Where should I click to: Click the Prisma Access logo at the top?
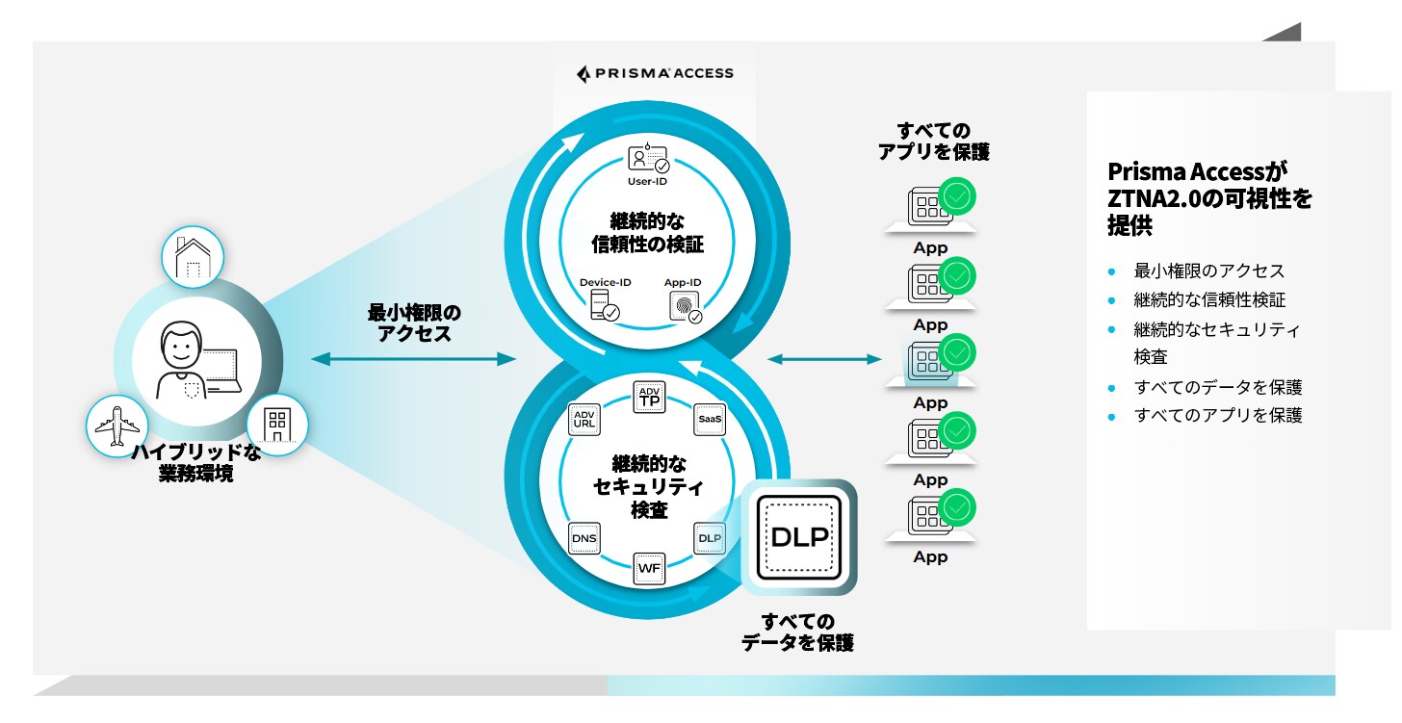(655, 73)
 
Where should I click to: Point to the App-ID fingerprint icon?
(685, 305)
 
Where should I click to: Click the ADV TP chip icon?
(648, 397)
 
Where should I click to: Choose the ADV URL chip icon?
(584, 419)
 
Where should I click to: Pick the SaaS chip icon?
(710, 419)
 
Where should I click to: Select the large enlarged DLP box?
(799, 537)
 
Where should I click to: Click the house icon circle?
(193, 257)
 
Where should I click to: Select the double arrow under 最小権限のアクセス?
(414, 359)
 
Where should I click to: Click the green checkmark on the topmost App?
(957, 196)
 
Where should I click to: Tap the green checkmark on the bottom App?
(957, 506)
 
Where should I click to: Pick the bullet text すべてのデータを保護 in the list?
(1218, 387)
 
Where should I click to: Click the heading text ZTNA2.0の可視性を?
(1209, 199)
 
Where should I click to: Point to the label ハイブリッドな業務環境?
(195, 463)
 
